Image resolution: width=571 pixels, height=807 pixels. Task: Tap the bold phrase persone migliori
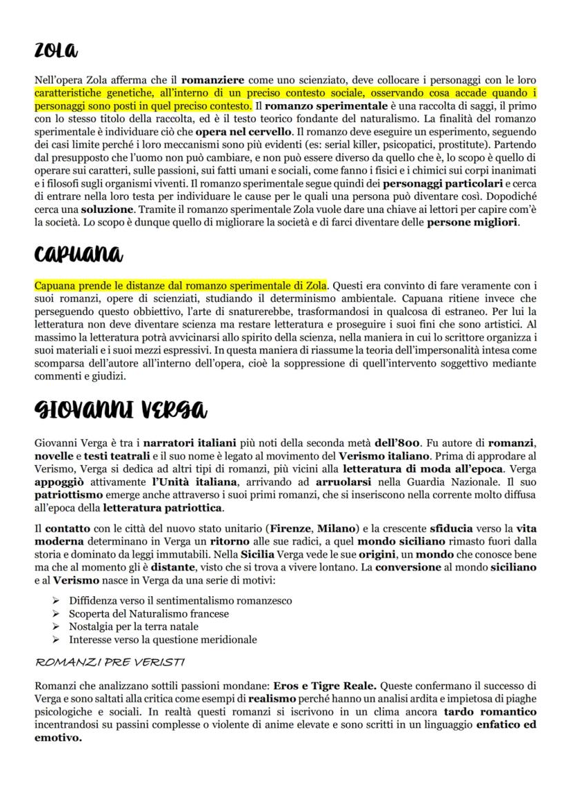[472, 223]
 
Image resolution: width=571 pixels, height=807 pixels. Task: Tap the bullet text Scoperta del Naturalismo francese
[149, 613]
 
